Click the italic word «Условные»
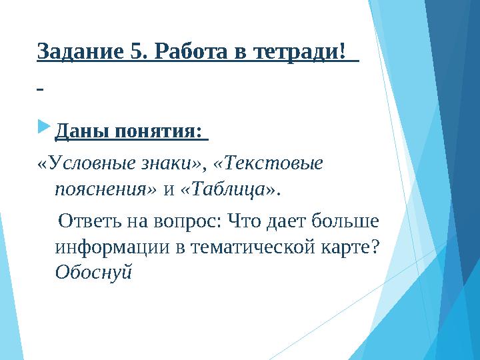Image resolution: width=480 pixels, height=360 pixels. click(87, 163)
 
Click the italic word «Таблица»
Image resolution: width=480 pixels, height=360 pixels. click(227, 189)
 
